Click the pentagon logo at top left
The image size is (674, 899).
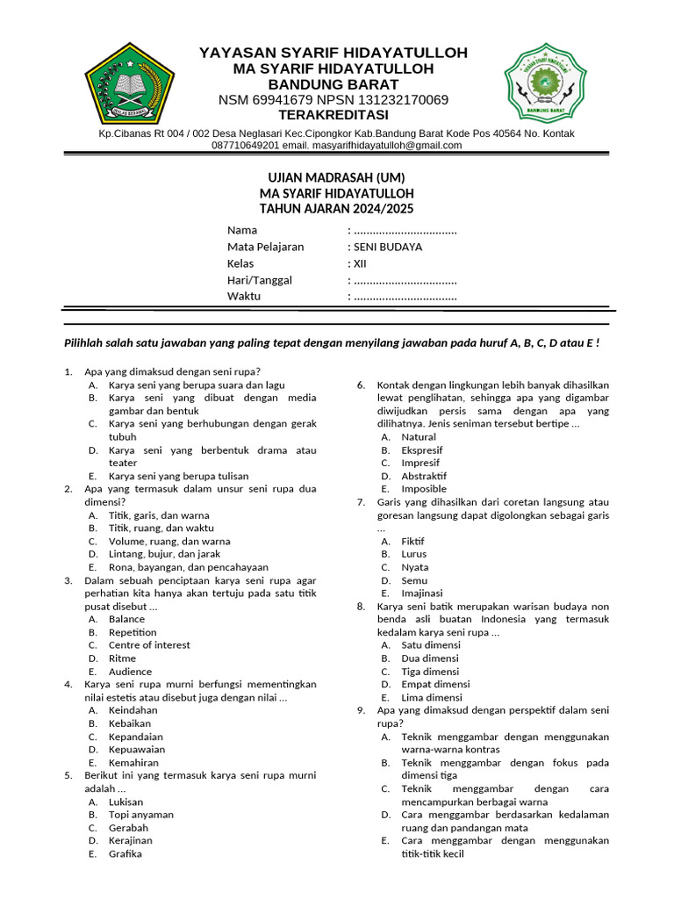[x=130, y=86]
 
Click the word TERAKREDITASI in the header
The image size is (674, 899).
[x=333, y=115]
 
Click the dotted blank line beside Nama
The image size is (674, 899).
[x=404, y=231]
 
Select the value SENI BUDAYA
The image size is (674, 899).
[x=387, y=247]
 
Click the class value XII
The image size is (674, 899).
[x=359, y=263]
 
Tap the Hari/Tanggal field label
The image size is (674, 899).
[x=259, y=280]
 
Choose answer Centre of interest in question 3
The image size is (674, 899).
[x=148, y=644]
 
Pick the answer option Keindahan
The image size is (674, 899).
[x=133, y=709]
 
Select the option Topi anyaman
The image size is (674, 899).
[x=140, y=814]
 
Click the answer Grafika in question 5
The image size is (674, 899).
[x=125, y=853]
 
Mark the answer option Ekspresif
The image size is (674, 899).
[x=422, y=449]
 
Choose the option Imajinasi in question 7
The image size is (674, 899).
[x=422, y=593]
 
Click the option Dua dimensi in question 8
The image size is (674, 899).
[x=430, y=658]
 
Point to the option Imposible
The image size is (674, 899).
[x=424, y=488]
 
